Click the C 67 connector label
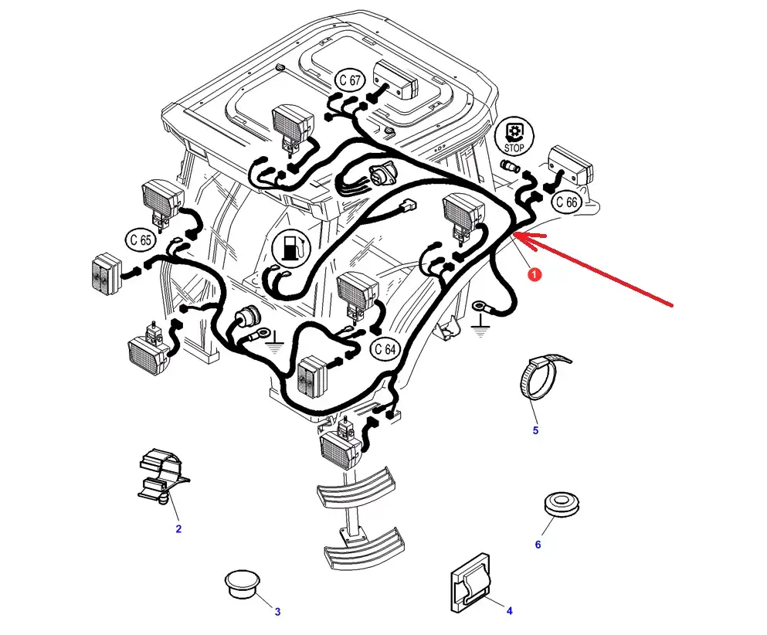point(350,80)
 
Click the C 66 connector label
point(566,202)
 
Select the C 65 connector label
point(141,239)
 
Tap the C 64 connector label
point(385,349)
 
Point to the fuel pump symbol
point(291,247)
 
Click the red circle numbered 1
point(535,275)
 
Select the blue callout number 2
point(178,529)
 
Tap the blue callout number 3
point(278,612)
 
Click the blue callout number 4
point(509,611)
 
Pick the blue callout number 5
point(535,430)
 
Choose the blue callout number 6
point(538,545)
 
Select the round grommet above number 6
point(562,504)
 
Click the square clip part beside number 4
point(470,583)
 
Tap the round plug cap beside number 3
point(242,582)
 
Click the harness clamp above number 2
point(161,477)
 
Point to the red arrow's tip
point(513,236)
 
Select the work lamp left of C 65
point(107,274)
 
